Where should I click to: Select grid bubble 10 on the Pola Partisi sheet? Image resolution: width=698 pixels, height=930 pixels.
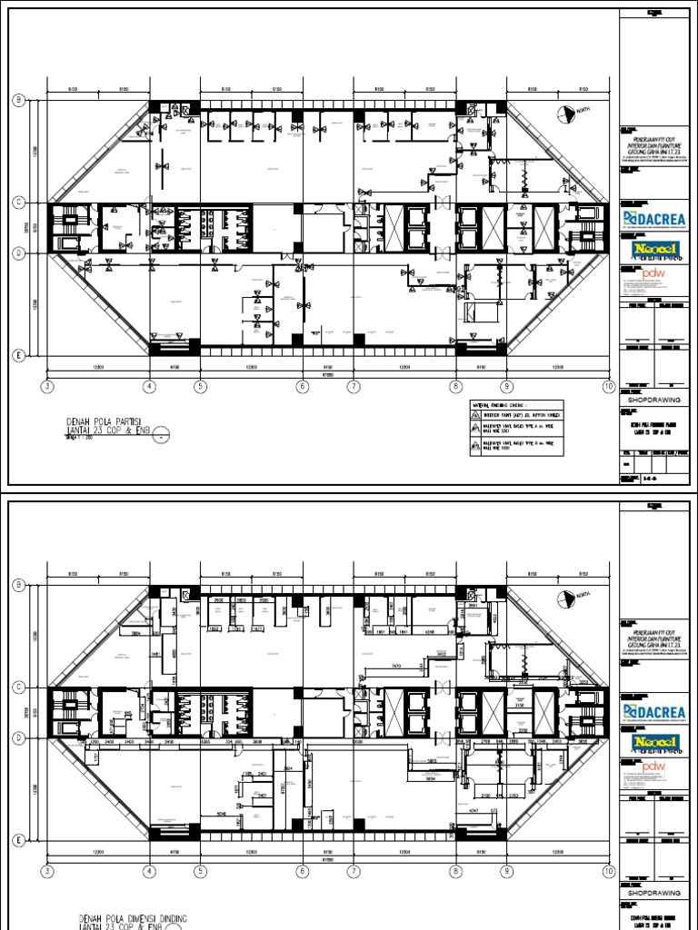608,387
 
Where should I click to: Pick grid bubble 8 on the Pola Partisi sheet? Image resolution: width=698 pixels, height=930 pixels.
454,387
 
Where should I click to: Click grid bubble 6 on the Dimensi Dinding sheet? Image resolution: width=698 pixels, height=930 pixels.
302,872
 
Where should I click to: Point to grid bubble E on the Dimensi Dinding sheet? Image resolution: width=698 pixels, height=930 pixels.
16,840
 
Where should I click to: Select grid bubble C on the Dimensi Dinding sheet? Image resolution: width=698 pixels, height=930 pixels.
16,687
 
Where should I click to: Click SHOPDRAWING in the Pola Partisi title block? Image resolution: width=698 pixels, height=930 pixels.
652,398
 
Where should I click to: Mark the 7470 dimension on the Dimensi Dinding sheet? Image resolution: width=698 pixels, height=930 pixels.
396,666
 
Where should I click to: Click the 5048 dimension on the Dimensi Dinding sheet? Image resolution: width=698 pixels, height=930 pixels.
220,813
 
